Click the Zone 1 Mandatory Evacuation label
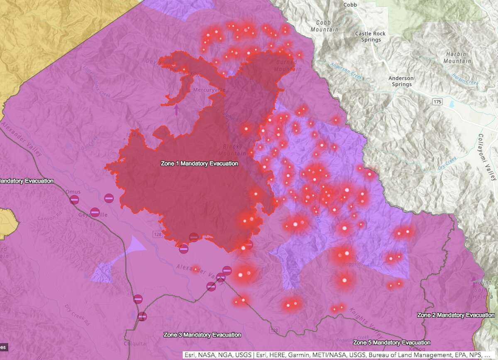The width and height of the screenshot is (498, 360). tap(199, 164)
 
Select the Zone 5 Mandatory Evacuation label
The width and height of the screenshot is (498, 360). tap(390, 343)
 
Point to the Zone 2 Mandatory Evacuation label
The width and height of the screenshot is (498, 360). tap(456, 315)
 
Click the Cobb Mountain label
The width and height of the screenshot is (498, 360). tap(324, 26)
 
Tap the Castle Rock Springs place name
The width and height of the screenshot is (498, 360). tap(370, 37)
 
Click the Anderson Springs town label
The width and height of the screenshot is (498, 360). tap(400, 81)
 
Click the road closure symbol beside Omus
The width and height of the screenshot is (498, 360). tap(74, 200)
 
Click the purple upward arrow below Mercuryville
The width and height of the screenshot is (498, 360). tap(176, 110)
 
